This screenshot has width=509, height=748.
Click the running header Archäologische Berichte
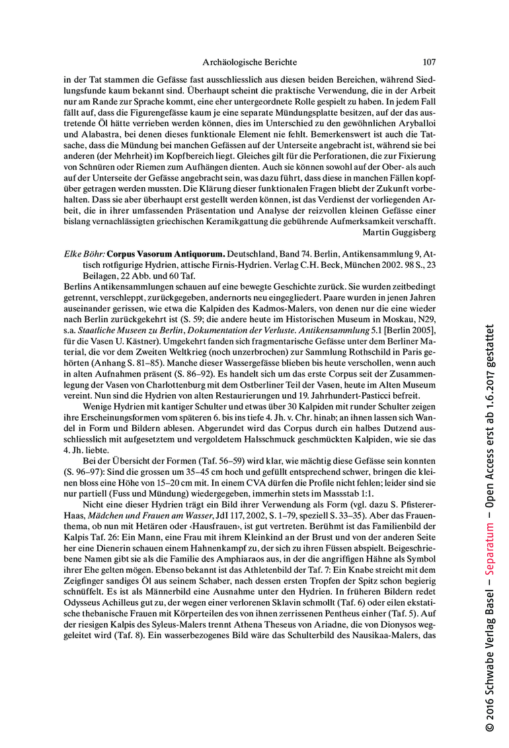point(249,62)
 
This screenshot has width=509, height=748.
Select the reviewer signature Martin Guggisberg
point(399,231)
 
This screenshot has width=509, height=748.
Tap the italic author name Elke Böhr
point(83,253)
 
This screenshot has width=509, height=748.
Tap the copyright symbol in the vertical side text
point(490,726)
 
